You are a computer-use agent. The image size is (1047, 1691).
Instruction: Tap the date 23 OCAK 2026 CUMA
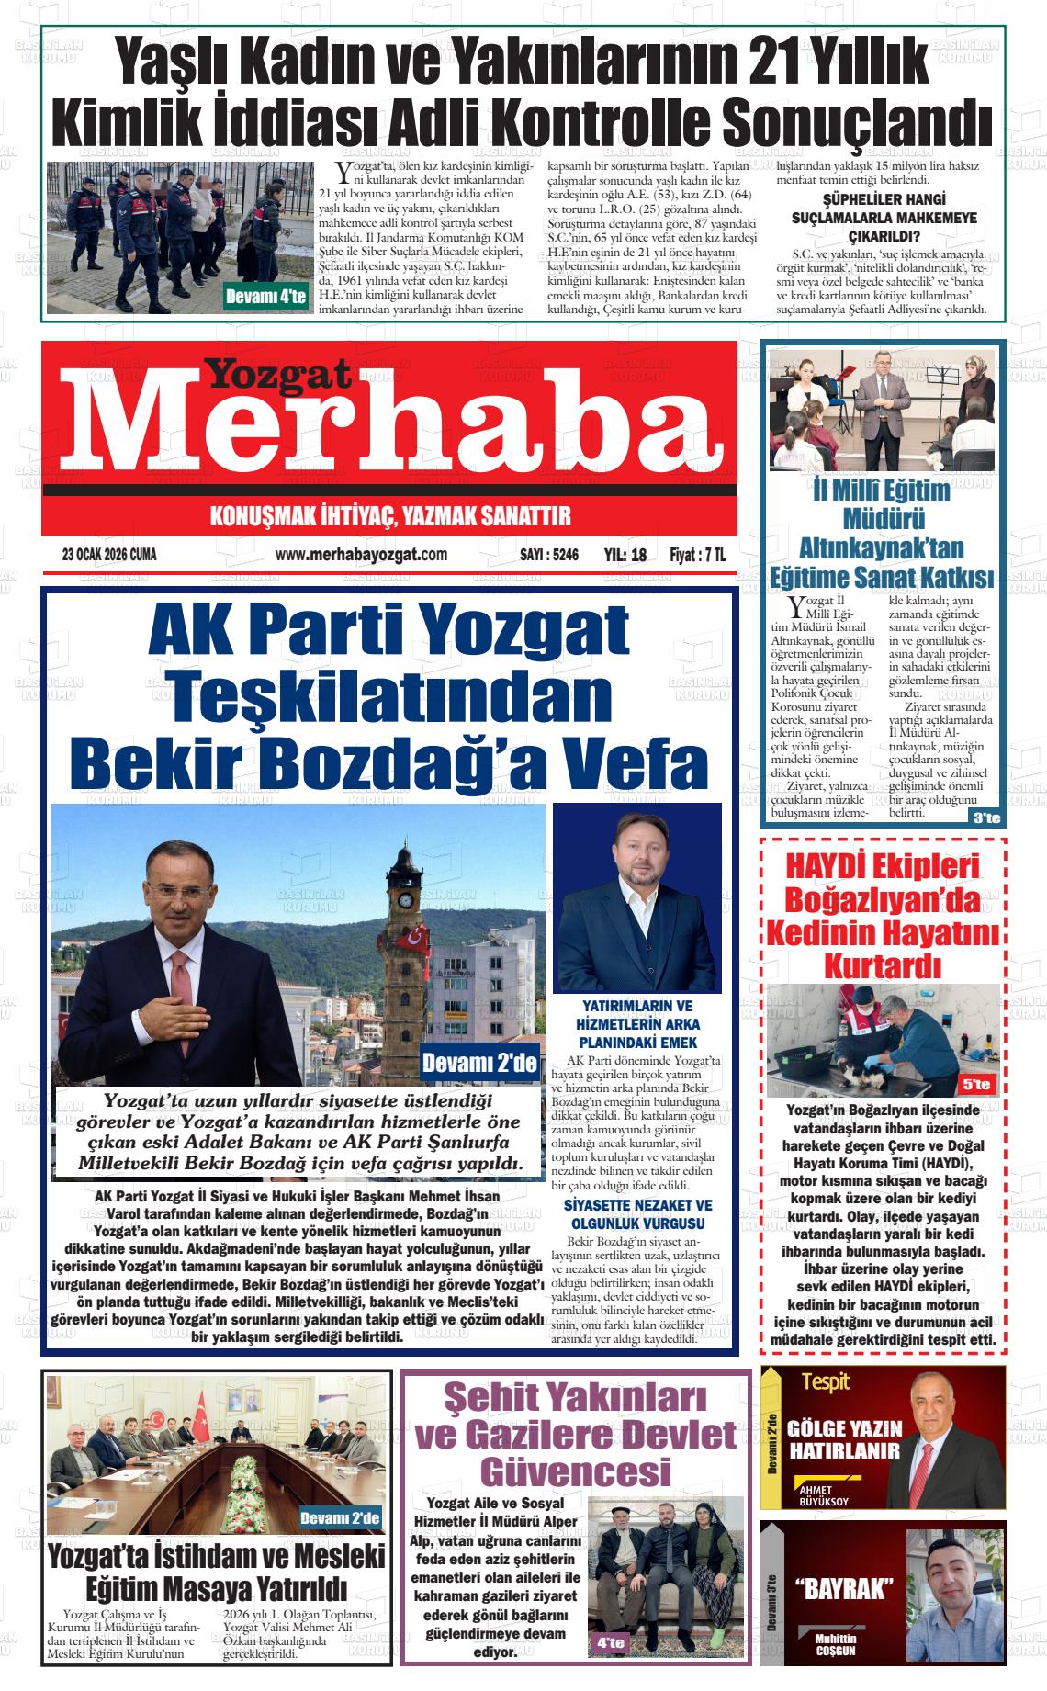point(109,555)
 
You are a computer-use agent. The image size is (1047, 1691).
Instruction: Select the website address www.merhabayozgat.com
point(361,555)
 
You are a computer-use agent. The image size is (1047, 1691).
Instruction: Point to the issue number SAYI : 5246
point(548,555)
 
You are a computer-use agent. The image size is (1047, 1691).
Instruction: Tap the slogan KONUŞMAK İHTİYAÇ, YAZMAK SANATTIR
point(390,516)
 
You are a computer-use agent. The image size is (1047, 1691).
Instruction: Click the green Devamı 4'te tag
point(266,296)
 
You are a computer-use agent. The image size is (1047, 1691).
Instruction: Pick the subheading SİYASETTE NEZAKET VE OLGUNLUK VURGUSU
point(637,1215)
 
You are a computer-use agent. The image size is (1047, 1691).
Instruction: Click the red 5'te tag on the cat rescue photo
point(977,1084)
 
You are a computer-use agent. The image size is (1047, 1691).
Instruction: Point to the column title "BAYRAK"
point(844,1588)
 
